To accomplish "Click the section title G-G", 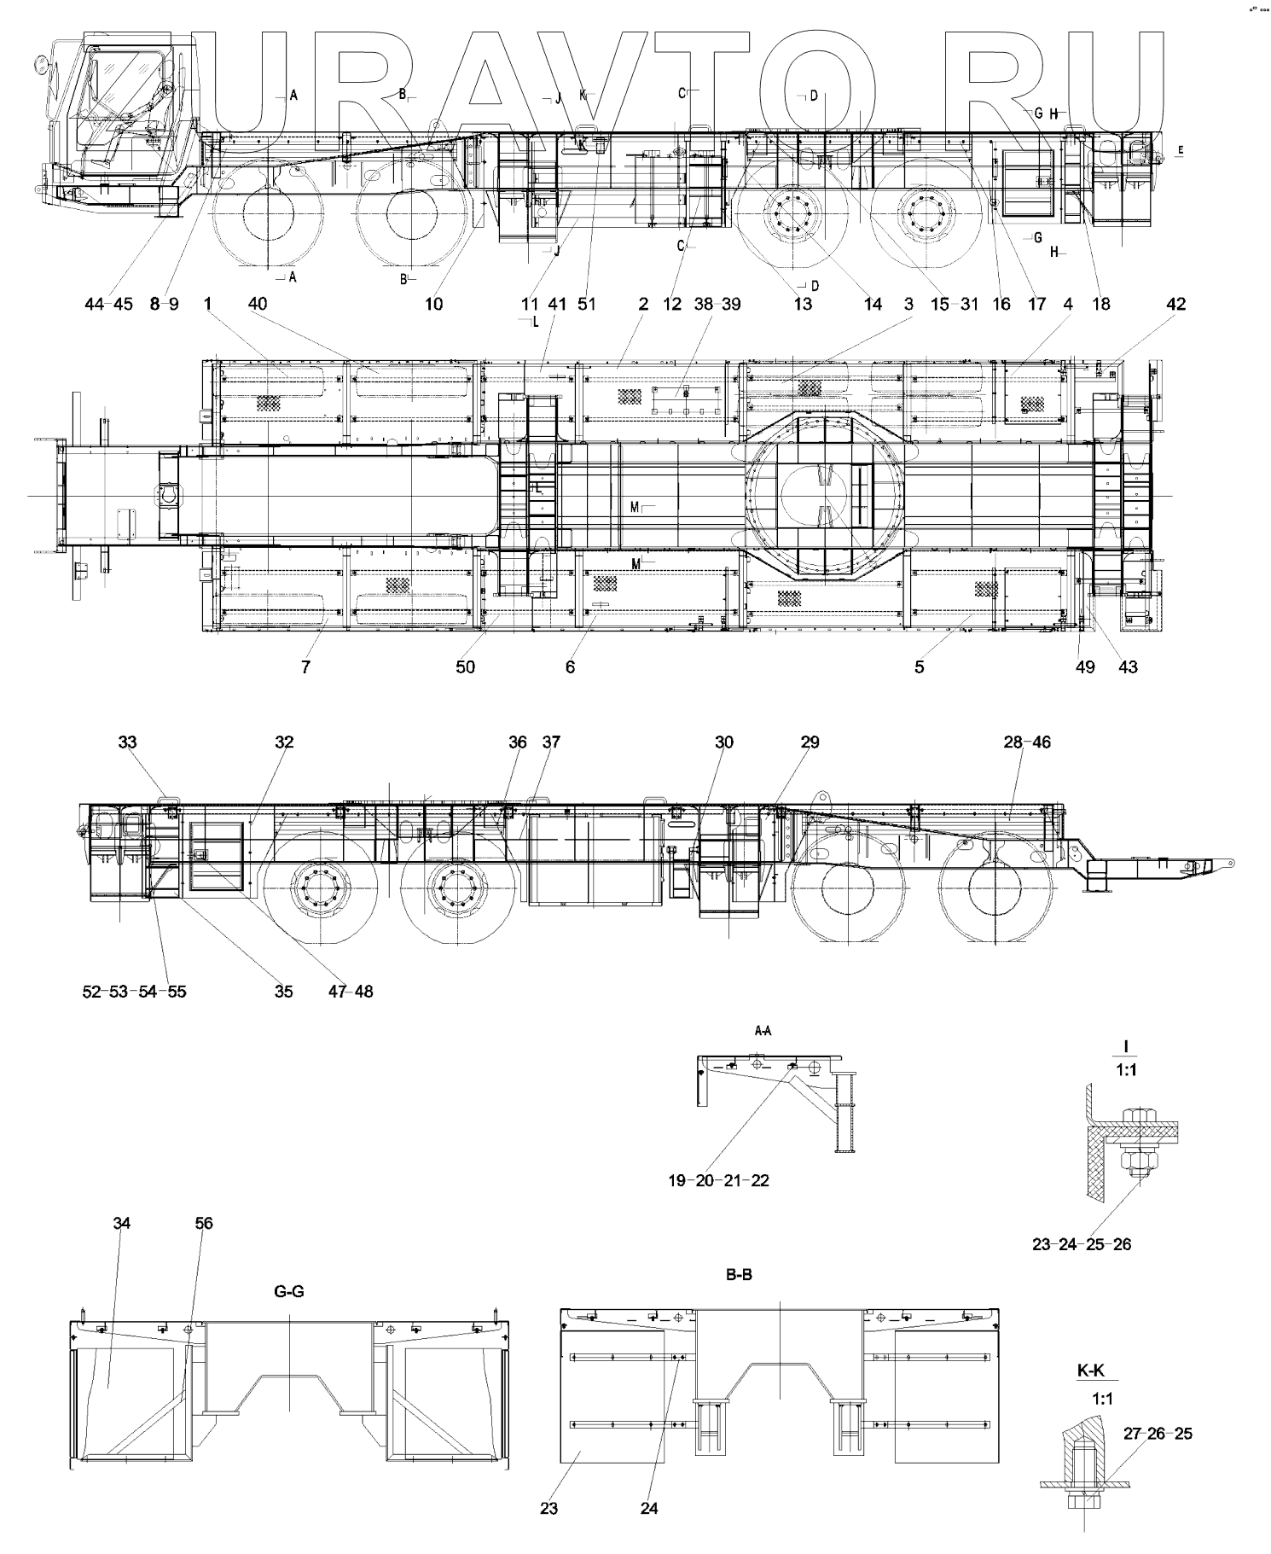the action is coord(288,1291).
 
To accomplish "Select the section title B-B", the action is coord(738,1275).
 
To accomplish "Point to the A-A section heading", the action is coord(763,1031).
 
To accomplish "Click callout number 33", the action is coord(127,742).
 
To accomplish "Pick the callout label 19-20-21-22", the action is coord(718,1180).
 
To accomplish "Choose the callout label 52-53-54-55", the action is coord(135,991).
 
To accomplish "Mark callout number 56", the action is coord(203,1223).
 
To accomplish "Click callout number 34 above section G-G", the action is coord(122,1223).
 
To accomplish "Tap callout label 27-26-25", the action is coord(1157,1433).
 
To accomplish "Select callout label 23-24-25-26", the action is coord(1082,1244).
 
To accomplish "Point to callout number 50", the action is coord(465,666).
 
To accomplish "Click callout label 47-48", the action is coord(351,991).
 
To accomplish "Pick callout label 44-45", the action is coord(109,304).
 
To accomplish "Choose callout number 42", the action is coord(1175,304).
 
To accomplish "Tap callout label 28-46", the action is coord(1027,742).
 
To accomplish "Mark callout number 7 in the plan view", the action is coord(305,666).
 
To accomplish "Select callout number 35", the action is coord(283,991).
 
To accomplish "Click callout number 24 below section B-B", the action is coord(649,1508).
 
